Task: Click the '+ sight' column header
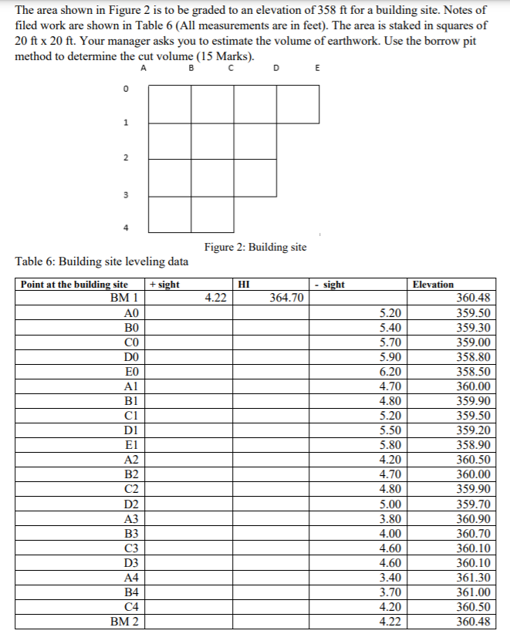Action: click(x=166, y=285)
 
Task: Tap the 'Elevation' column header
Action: click(x=433, y=285)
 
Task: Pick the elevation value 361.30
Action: click(x=473, y=577)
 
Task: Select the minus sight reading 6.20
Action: click(x=391, y=371)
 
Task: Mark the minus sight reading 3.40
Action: click(x=391, y=577)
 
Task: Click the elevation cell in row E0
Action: click(x=473, y=371)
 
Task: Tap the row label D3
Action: click(x=130, y=562)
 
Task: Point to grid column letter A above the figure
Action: click(x=144, y=68)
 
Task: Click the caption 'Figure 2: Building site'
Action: click(x=255, y=247)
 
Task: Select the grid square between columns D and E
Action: click(x=298, y=104)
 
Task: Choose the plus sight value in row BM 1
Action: click(x=214, y=298)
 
